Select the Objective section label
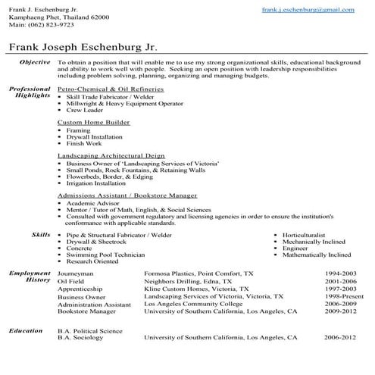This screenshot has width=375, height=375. [35, 61]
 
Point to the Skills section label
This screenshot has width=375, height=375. [41, 236]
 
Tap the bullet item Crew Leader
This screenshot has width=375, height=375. [85, 111]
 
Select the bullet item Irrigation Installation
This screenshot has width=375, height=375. [96, 183]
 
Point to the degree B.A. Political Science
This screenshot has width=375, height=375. [89, 331]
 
